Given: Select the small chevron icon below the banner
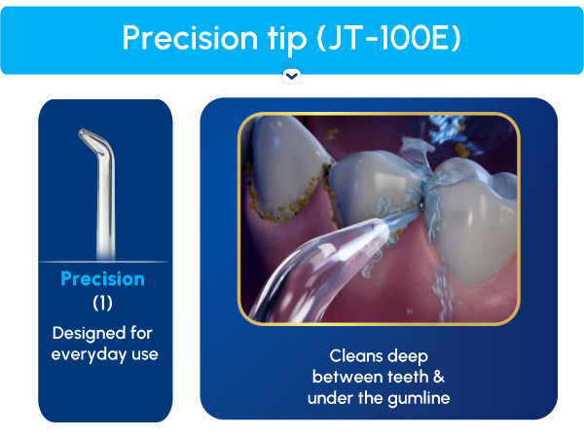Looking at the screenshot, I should coord(291,76).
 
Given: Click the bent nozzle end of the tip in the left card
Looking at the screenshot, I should coord(88,140).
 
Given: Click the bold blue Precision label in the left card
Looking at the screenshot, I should coord(102,279).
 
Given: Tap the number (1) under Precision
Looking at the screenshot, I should coord(102,304).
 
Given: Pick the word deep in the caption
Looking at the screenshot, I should coord(407,356).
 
